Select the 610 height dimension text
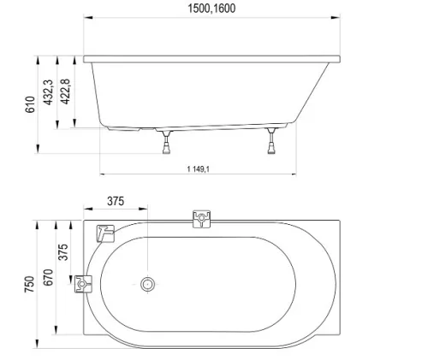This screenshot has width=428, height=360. (31, 104)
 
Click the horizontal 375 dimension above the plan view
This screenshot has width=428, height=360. (116, 202)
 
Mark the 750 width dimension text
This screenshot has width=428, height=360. (31, 284)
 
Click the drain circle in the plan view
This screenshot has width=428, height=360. (147, 284)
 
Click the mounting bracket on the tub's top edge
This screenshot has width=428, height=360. (201, 220)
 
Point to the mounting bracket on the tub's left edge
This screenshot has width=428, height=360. (84, 284)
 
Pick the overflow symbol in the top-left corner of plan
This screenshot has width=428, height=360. (105, 232)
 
